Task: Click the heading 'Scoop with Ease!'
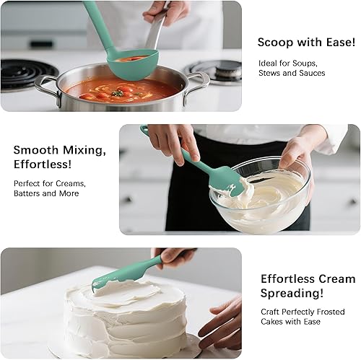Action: [x=306, y=43]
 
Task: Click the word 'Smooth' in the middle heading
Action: [x=37, y=150]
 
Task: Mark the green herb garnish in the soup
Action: [x=117, y=93]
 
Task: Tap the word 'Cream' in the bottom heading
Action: [x=336, y=278]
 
